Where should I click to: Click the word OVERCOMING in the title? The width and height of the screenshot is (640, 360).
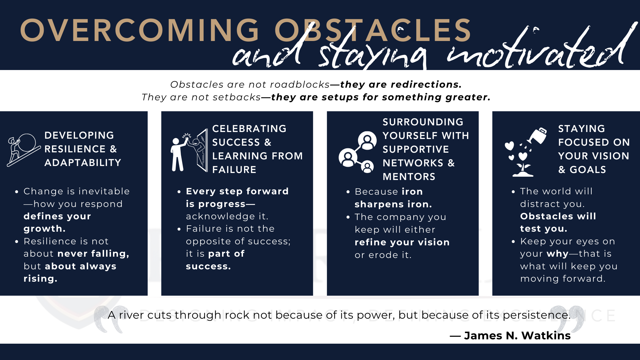pyautogui.click(x=139, y=30)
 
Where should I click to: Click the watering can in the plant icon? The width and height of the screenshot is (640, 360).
pyautogui.click(x=537, y=136)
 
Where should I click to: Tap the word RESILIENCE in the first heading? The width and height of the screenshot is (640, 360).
pyautogui.click(x=75, y=149)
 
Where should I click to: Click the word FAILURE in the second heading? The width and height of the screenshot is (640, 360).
pyautogui.click(x=234, y=170)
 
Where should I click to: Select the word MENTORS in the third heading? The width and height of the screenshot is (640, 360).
pyautogui.click(x=409, y=177)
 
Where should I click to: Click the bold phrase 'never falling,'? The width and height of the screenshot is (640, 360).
pyautogui.click(x=93, y=254)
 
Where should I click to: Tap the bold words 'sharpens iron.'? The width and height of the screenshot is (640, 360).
pyautogui.click(x=393, y=204)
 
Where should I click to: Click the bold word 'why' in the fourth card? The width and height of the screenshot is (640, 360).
pyautogui.click(x=557, y=254)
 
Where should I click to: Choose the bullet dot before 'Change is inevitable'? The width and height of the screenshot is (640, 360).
pyautogui.click(x=17, y=192)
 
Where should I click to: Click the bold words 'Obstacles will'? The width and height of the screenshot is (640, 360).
pyautogui.click(x=558, y=216)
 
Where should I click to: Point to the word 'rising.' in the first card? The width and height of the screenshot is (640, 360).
pyautogui.click(x=40, y=279)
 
